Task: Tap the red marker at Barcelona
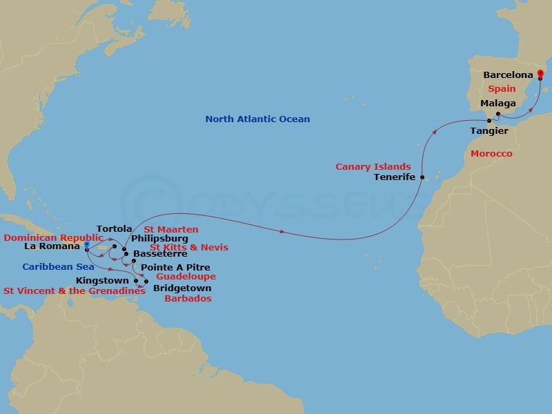point(540,73)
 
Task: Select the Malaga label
point(498,103)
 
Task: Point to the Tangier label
point(489,130)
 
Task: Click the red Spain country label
point(502,89)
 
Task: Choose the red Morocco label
point(491,154)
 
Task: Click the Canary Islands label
point(373,167)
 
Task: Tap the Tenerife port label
point(395,177)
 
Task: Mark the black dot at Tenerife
point(422,177)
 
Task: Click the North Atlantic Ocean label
point(257,119)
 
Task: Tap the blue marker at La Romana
point(86,244)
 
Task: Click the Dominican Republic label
point(53,237)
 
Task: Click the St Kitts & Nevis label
point(189,248)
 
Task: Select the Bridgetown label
point(181,288)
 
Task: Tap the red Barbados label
point(188,299)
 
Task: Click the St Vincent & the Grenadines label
point(75,291)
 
